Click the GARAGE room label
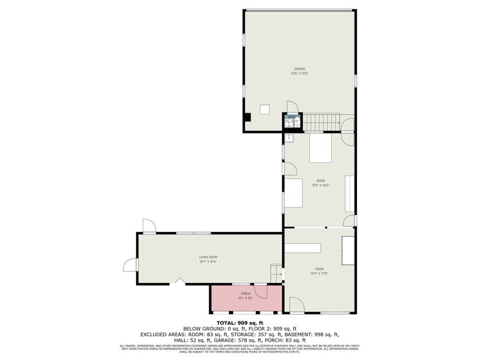[299, 69]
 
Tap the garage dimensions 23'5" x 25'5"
[299, 73]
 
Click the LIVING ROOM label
[208, 257]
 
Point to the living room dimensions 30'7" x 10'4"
[208, 261]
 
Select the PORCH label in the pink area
[246, 293]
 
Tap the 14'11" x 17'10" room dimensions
[319, 274]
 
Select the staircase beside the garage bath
[322, 122]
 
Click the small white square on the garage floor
[265, 109]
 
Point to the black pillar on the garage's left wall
[247, 118]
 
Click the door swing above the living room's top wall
[148, 225]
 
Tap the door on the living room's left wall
[130, 264]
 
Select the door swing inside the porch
[261, 291]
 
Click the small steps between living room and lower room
[276, 273]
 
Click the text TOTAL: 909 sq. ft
[239, 323]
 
